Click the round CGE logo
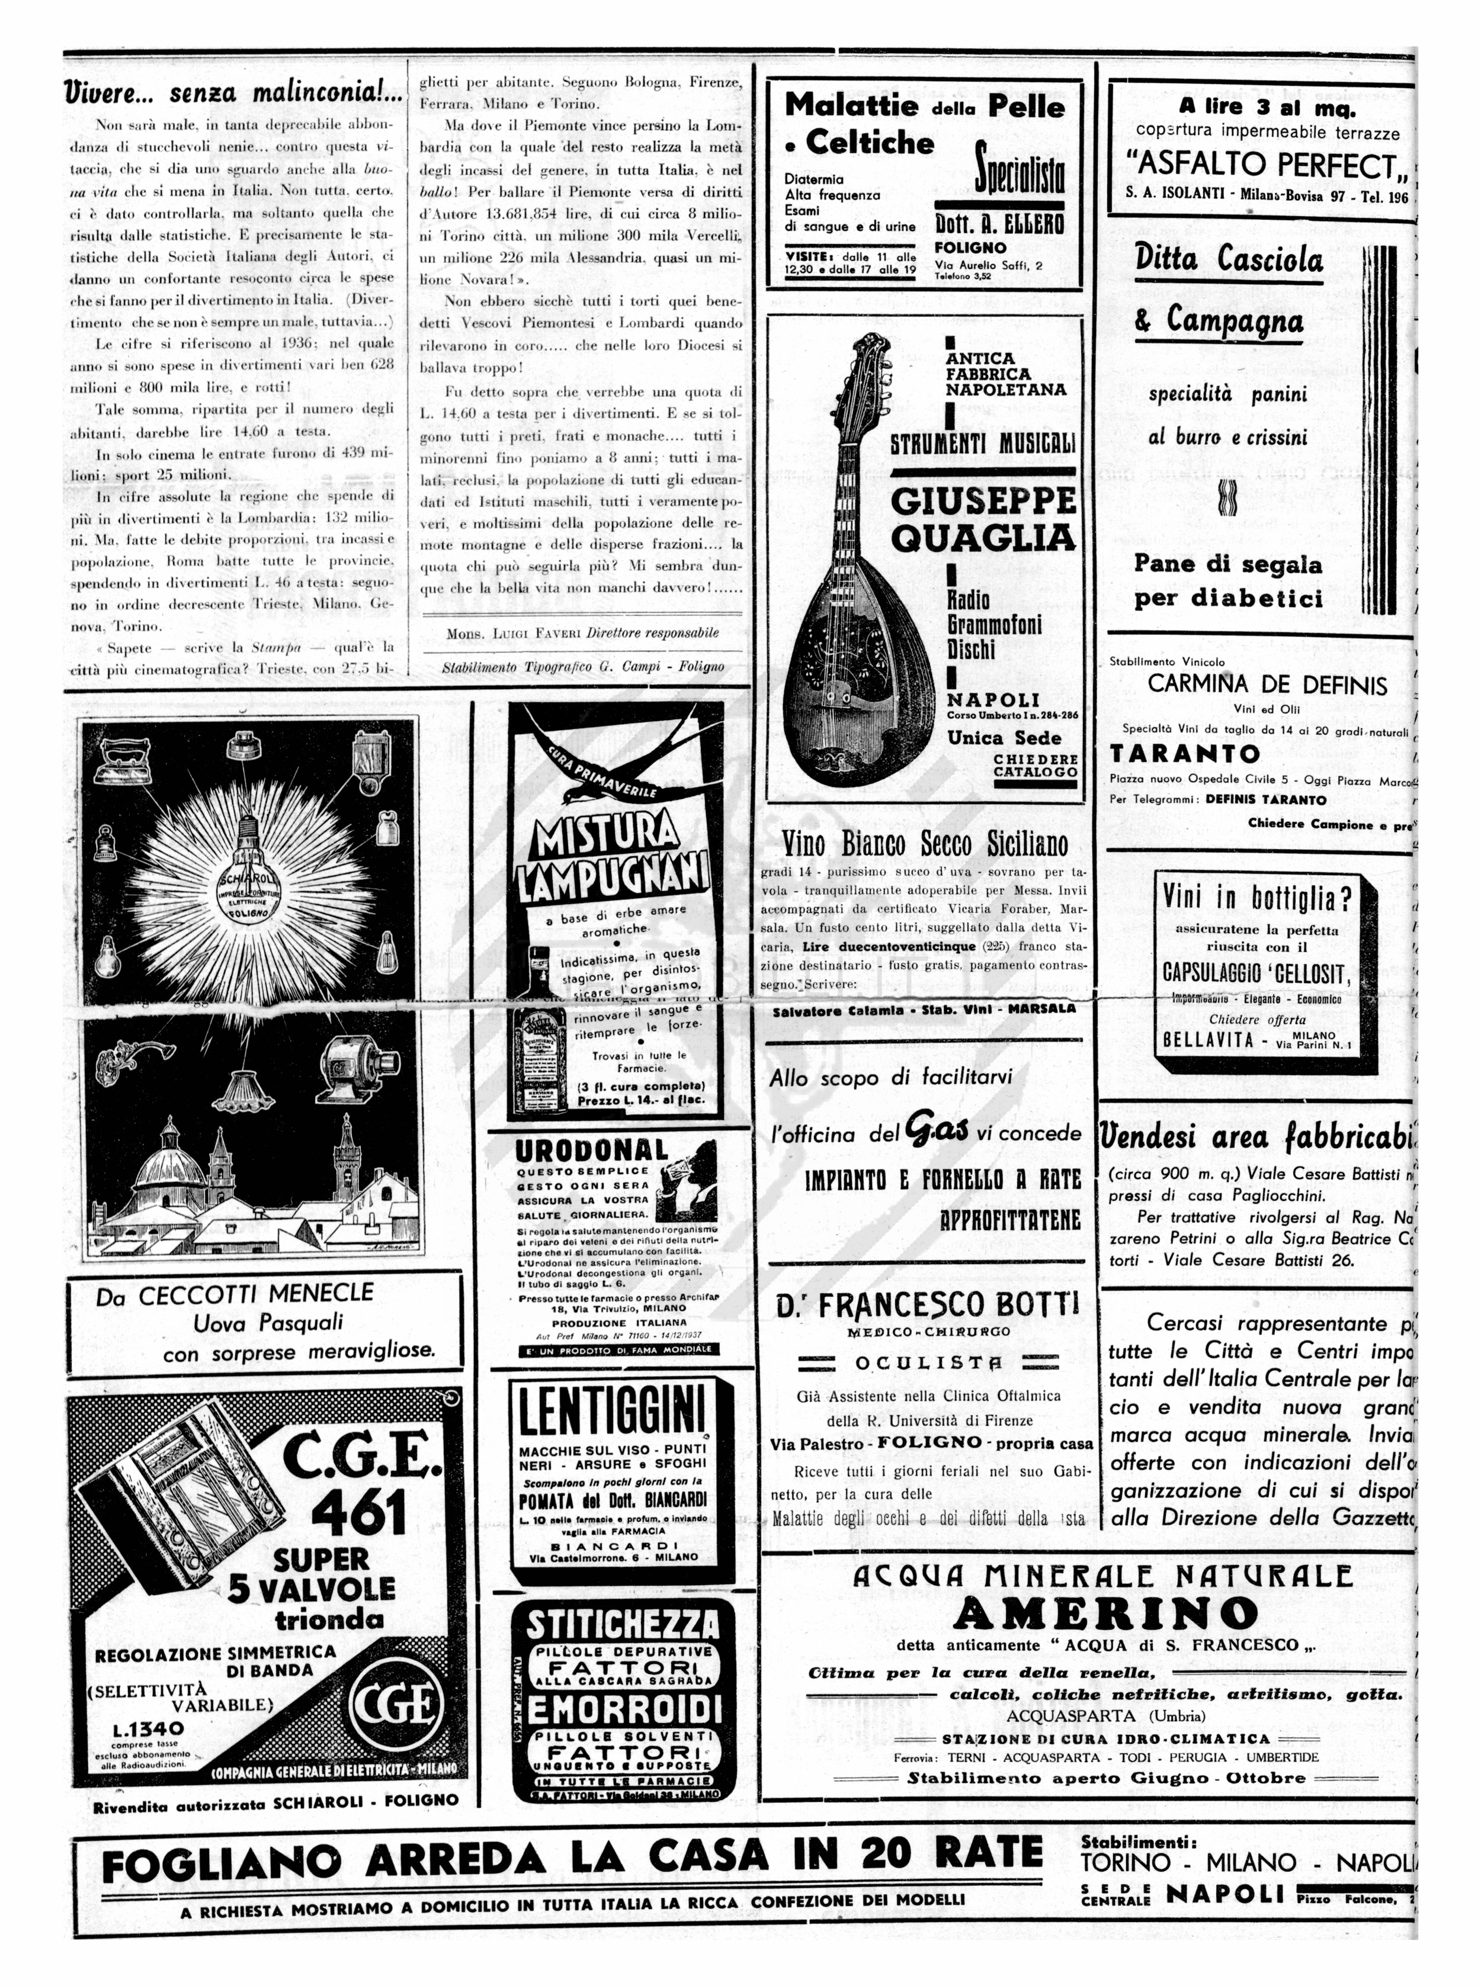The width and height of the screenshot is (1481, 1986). [396, 1704]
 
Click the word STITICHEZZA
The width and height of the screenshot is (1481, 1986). [622, 1623]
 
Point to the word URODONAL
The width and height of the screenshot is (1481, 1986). [592, 1151]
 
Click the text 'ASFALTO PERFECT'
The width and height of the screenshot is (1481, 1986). [1263, 166]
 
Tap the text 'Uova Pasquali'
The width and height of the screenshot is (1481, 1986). [268, 1322]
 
